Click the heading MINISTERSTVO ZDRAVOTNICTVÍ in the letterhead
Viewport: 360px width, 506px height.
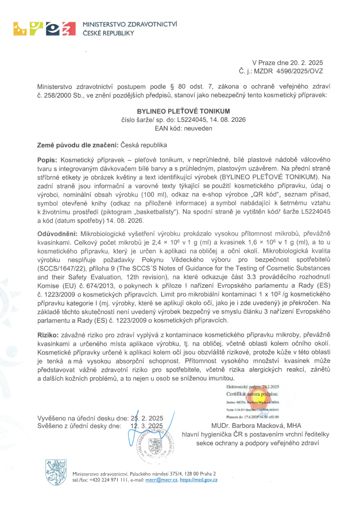coord(130,25)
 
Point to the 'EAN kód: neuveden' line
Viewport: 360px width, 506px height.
coord(180,128)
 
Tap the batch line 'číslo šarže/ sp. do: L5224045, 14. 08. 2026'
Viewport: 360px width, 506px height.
coord(180,119)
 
